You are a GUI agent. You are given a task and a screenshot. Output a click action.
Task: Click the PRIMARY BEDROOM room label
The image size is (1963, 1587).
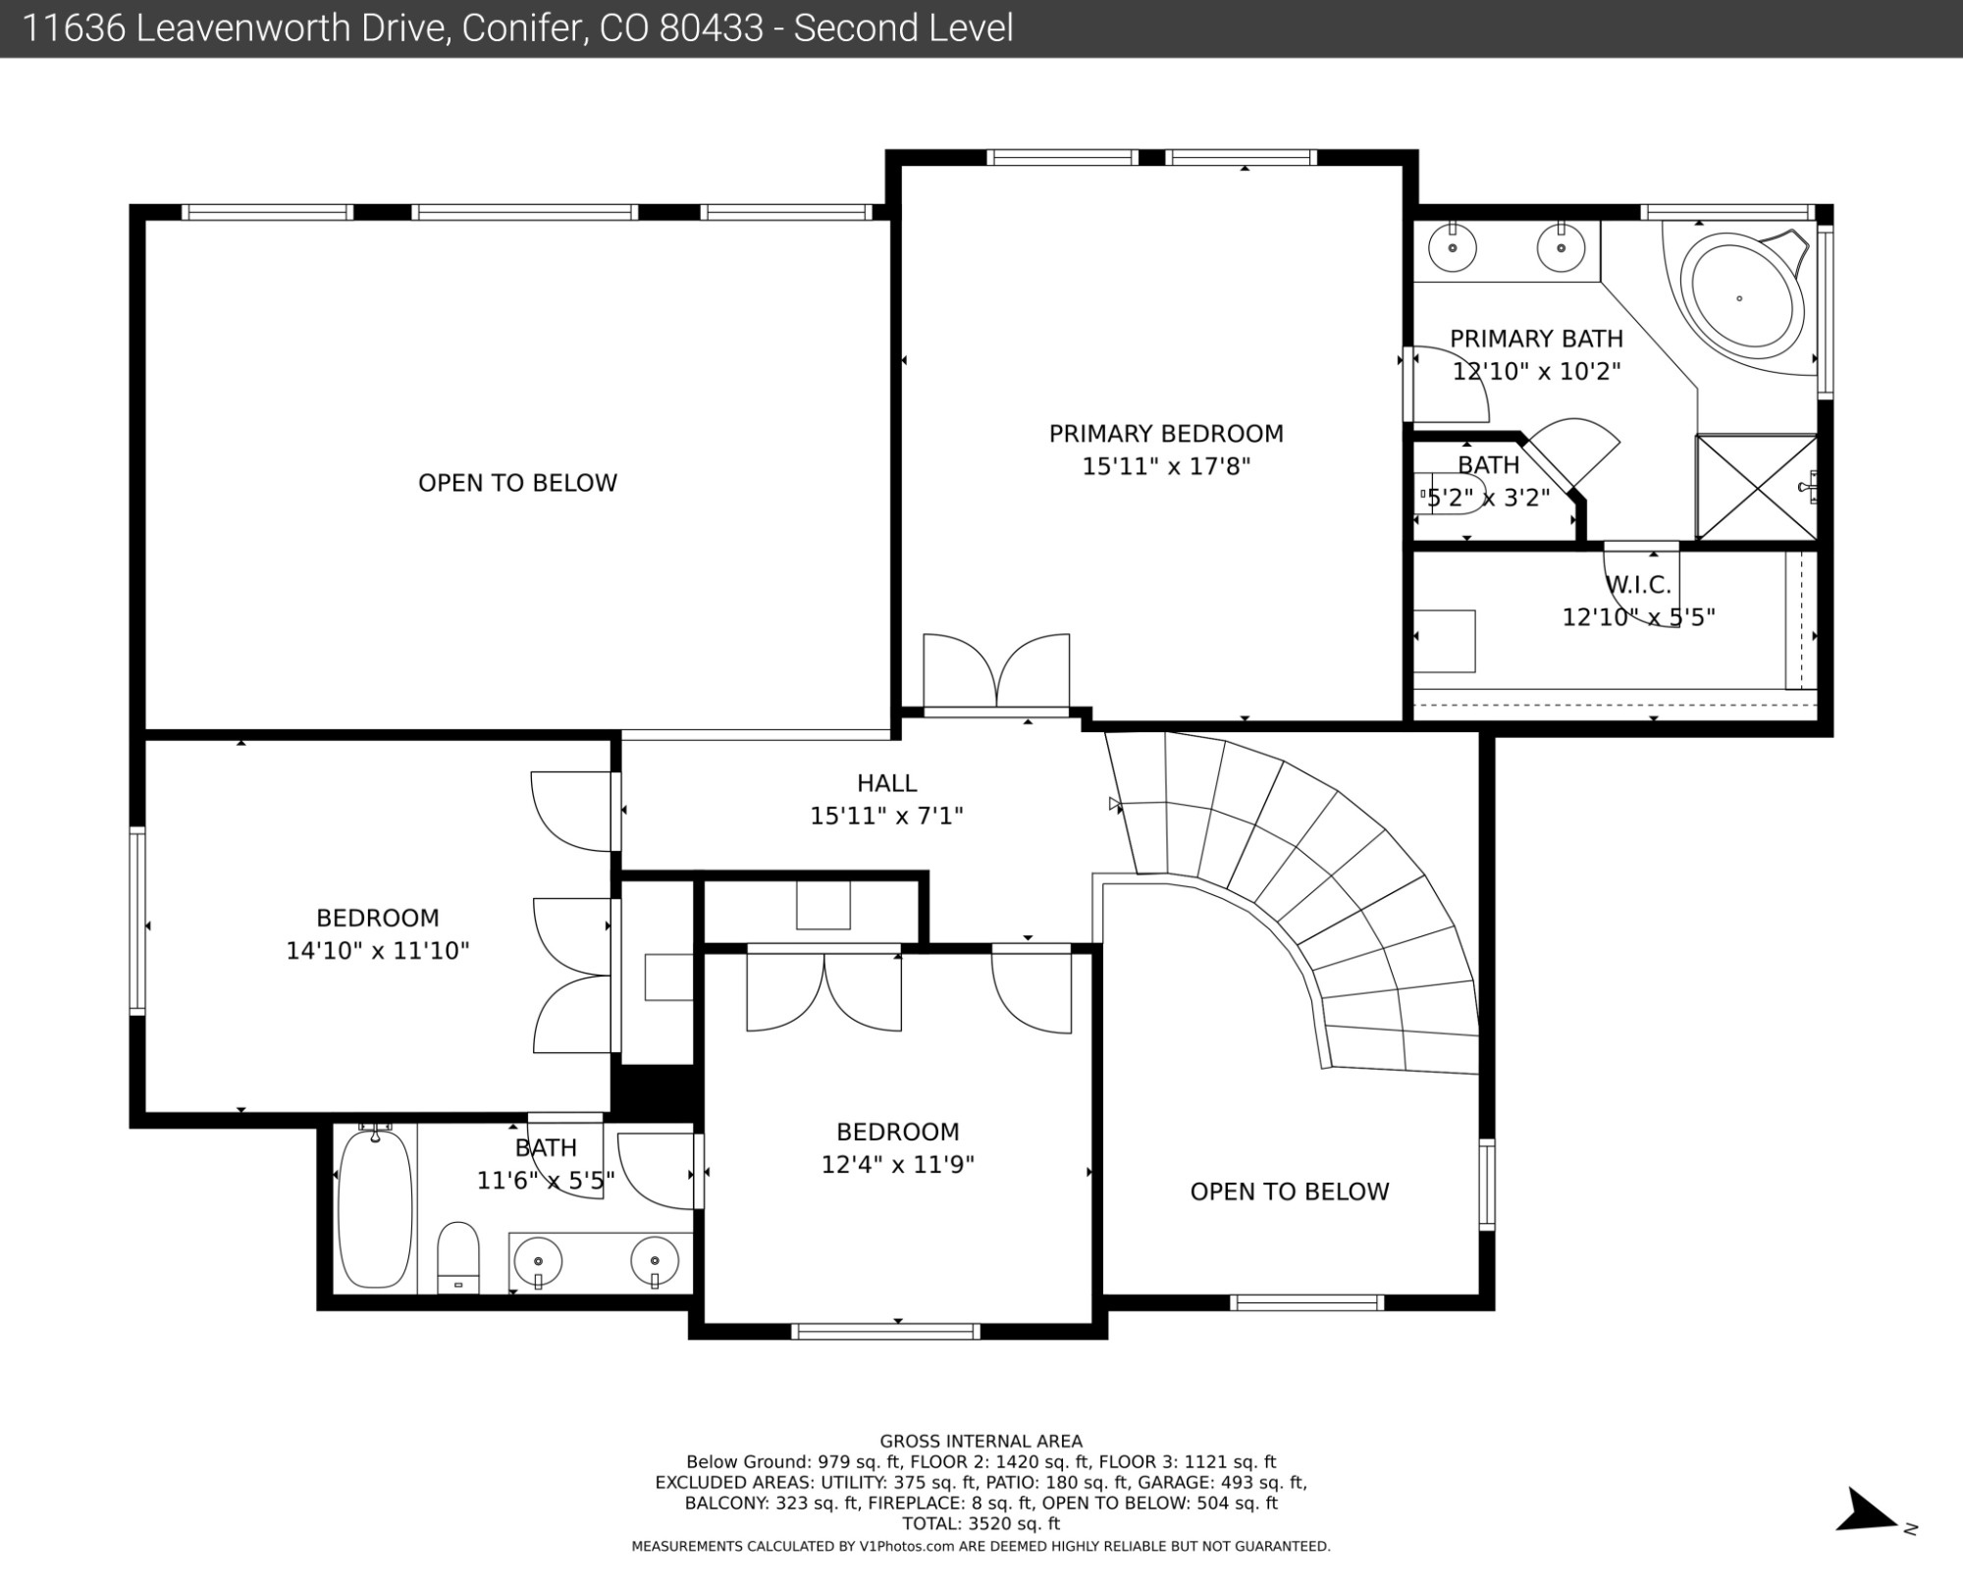[1166, 434]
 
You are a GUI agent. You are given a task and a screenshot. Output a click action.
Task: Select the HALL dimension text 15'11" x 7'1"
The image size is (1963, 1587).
[886, 816]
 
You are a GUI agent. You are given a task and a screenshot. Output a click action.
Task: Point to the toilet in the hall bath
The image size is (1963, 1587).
[457, 1257]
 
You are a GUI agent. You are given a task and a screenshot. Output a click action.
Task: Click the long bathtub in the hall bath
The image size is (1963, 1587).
[375, 1209]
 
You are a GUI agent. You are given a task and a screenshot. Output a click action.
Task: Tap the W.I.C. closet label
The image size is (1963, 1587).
[1638, 585]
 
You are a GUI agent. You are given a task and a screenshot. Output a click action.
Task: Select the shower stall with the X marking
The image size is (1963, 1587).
[1757, 487]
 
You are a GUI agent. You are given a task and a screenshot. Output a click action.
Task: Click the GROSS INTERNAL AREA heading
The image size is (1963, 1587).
[981, 1442]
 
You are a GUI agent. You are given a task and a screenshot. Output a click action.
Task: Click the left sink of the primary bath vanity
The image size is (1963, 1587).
[1453, 248]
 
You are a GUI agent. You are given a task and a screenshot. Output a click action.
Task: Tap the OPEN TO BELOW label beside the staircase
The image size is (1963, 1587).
[1290, 1191]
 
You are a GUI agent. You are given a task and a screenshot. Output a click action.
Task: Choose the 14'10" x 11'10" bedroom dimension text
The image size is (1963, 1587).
[378, 950]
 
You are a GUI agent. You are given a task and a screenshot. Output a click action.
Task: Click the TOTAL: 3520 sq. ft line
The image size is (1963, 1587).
[981, 1524]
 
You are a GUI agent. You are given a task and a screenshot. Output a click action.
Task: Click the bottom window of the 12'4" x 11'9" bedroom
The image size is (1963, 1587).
[885, 1331]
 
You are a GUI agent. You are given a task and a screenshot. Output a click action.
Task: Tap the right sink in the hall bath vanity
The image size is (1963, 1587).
[655, 1261]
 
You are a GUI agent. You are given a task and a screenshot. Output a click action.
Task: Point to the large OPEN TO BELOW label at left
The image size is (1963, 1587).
[517, 483]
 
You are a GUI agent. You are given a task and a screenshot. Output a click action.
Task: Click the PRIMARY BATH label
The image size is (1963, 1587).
[1536, 339]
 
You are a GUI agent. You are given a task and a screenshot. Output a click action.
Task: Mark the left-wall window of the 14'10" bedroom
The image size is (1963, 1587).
[137, 921]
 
